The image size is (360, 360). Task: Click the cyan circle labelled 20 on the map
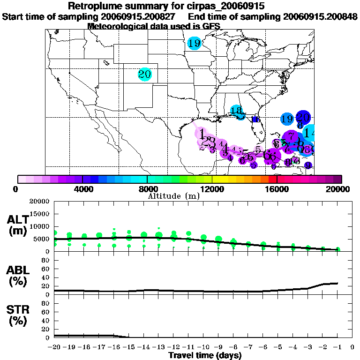144,74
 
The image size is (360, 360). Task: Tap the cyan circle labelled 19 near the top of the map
194,44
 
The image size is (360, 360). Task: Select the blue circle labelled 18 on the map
236,111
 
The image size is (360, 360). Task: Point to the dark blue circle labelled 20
303,117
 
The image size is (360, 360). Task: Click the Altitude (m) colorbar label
173,195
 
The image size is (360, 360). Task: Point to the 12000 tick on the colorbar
212,189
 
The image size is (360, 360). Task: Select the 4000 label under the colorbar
82,189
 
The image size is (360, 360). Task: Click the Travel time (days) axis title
205,355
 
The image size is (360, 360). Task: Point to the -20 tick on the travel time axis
54,347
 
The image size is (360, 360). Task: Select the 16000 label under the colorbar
277,189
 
